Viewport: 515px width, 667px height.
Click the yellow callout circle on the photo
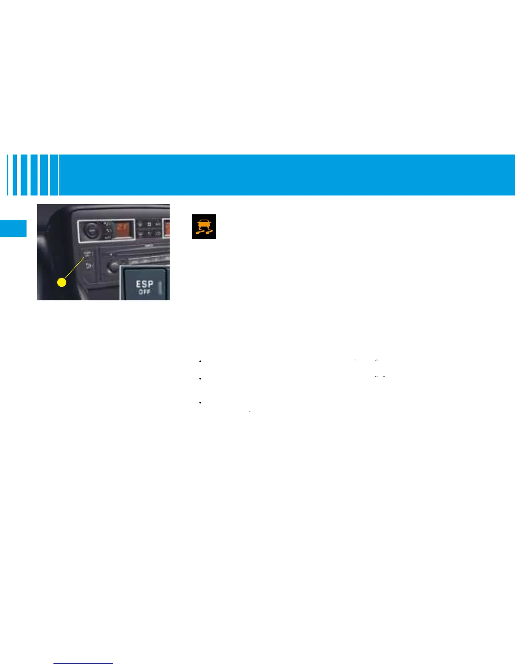pos(62,283)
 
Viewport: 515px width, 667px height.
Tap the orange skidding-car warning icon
pos(204,227)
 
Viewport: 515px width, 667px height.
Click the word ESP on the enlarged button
pos(144,284)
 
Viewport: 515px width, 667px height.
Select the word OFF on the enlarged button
pos(144,292)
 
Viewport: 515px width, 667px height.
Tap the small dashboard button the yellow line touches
pos(88,254)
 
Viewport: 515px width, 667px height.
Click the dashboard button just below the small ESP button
pos(88,265)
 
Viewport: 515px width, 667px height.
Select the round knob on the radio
pos(112,266)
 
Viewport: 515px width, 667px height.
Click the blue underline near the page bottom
pos(84,663)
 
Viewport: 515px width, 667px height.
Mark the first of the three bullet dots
pos(201,361)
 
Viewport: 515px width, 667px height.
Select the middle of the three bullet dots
pos(201,379)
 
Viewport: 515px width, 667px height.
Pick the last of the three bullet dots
pos(201,403)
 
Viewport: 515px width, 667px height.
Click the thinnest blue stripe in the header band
pos(8,175)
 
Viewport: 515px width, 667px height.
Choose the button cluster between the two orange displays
pos(149,229)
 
